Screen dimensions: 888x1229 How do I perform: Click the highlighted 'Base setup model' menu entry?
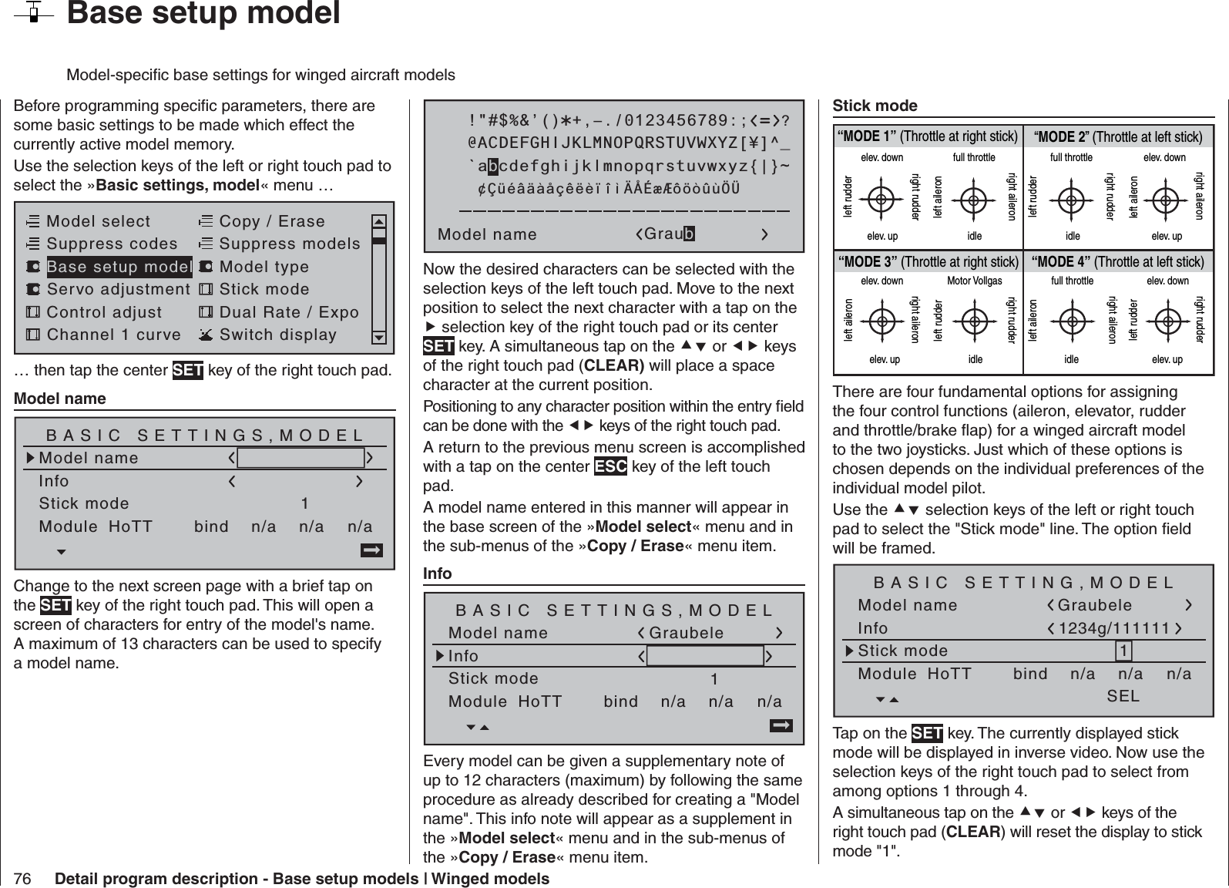(119, 267)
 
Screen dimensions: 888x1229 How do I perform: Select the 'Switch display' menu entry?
(277, 335)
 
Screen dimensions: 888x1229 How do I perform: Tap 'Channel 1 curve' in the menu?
(113, 335)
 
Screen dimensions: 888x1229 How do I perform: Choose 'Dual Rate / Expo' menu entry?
(289, 312)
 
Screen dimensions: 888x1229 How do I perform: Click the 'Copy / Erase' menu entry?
(272, 221)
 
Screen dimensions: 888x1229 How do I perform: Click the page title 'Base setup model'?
(203, 14)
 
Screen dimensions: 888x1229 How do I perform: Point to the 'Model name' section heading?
(60, 399)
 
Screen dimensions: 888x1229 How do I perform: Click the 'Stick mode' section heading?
(875, 106)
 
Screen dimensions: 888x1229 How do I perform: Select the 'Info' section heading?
(438, 573)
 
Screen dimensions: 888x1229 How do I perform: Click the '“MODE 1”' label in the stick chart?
(868, 137)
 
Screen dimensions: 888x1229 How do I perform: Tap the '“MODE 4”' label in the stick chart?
(1060, 262)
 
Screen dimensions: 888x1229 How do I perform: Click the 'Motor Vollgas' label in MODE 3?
(974, 281)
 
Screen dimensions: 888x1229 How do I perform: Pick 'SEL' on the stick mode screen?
(1123, 696)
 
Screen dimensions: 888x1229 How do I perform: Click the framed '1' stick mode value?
(1124, 651)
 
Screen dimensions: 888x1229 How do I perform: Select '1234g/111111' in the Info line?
(1114, 629)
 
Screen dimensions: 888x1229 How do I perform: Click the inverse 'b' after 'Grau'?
(689, 234)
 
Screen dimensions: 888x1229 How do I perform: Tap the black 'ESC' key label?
(610, 467)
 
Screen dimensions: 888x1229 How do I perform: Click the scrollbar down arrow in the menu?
(378, 338)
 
